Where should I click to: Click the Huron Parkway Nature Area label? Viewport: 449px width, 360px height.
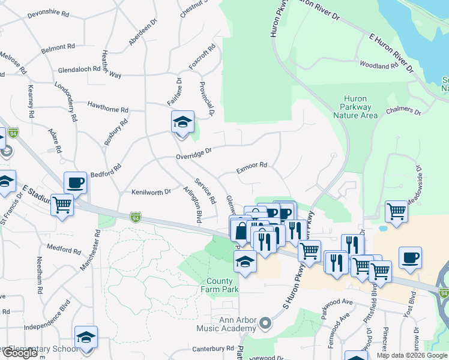(x=360, y=107)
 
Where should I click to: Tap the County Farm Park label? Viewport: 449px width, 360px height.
(x=223, y=285)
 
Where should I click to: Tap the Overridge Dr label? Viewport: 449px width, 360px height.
(x=194, y=155)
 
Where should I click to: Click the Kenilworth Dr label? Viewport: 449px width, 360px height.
(x=151, y=192)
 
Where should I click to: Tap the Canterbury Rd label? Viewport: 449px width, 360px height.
(x=213, y=348)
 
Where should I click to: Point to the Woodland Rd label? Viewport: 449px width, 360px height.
(x=378, y=65)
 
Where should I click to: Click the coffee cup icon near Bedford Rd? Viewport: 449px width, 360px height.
(x=76, y=182)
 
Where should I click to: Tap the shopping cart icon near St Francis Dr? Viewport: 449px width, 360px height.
(x=62, y=205)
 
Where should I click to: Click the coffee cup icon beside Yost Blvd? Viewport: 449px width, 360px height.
(x=410, y=257)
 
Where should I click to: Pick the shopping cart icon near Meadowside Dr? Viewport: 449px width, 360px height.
(x=396, y=211)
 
